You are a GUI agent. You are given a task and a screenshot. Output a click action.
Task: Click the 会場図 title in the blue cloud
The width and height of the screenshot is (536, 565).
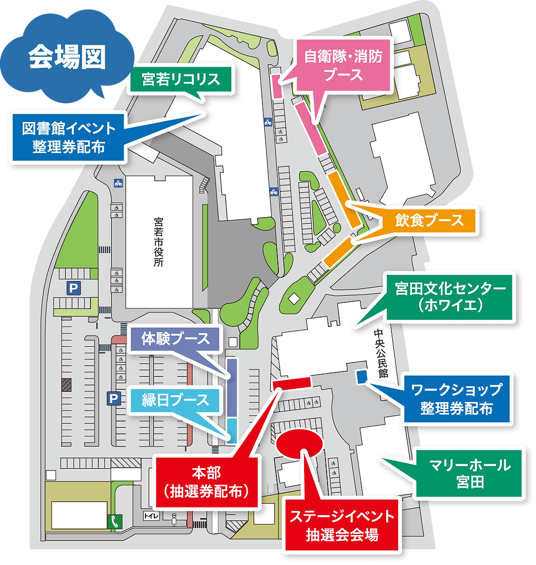click(x=67, y=57)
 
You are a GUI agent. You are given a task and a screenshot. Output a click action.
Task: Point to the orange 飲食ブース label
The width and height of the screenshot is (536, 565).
click(x=429, y=220)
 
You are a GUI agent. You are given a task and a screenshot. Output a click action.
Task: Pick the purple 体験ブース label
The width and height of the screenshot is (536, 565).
click(x=175, y=339)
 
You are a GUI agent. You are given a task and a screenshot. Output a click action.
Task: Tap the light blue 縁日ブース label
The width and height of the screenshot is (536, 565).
click(x=175, y=400)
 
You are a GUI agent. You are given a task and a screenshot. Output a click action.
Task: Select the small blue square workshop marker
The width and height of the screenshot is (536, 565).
click(x=361, y=376)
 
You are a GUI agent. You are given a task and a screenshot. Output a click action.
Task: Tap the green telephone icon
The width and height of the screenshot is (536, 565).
click(x=115, y=522)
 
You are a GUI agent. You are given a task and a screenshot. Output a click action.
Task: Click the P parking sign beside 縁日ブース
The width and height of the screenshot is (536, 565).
click(x=113, y=399)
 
